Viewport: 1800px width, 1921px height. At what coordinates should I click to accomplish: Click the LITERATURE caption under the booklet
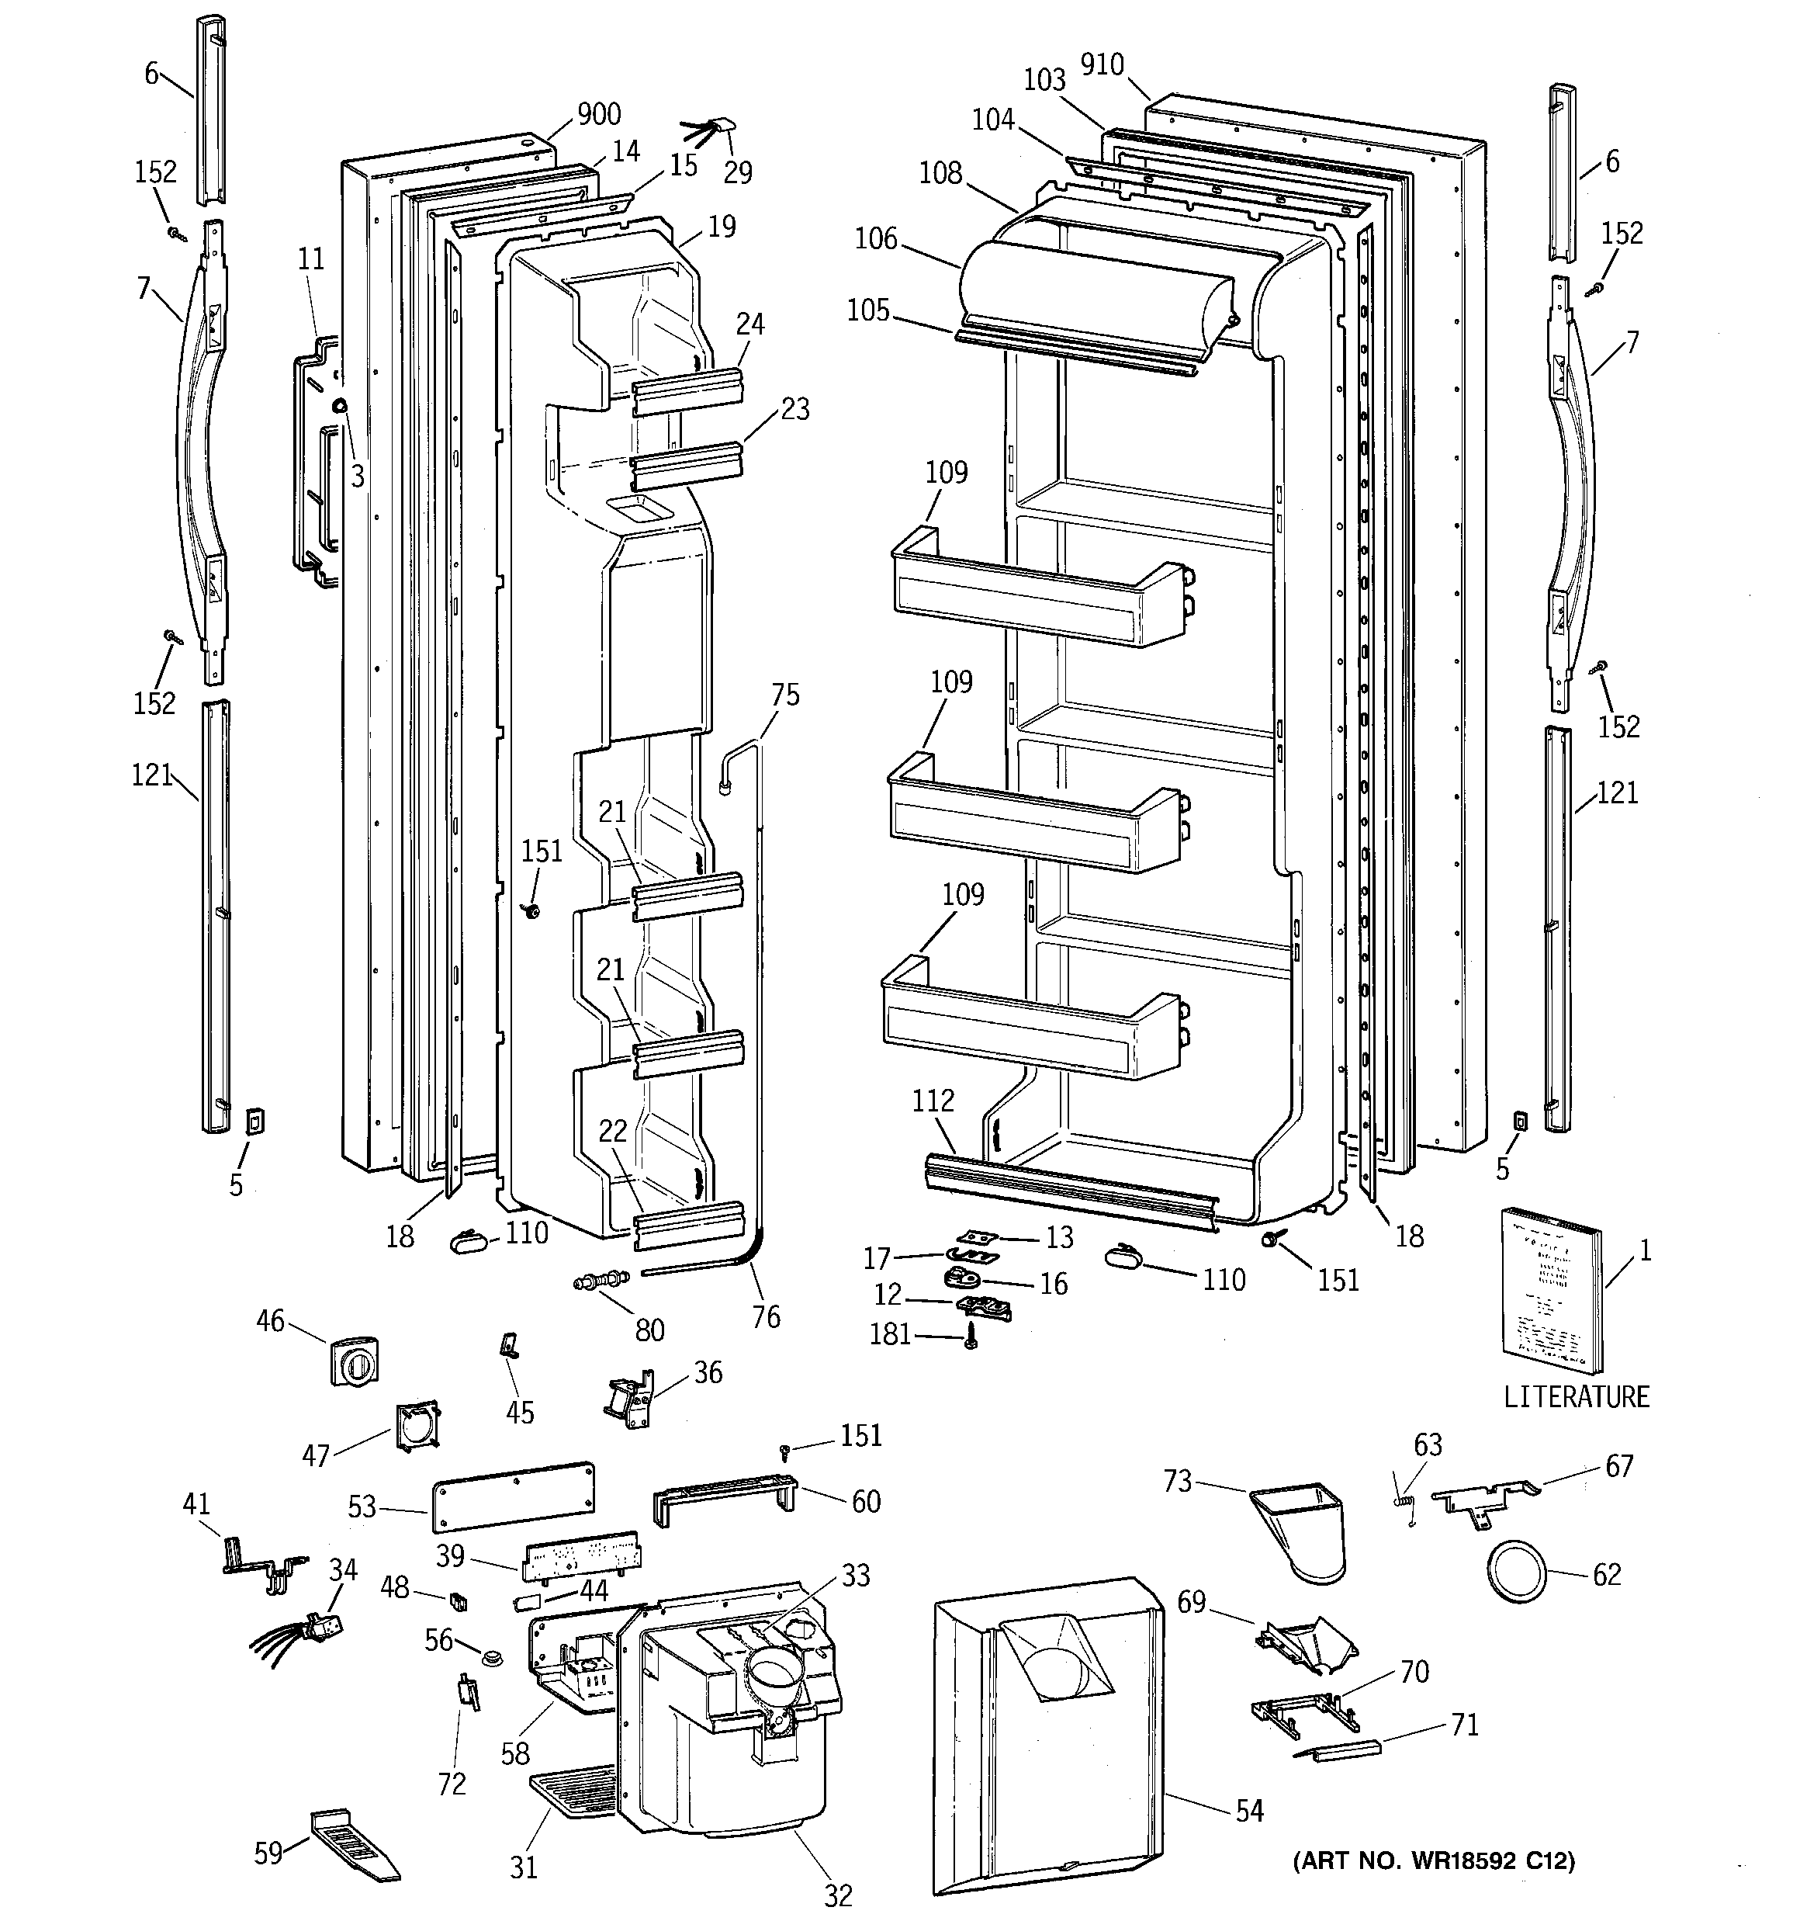[1576, 1396]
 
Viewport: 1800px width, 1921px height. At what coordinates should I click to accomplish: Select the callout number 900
[598, 114]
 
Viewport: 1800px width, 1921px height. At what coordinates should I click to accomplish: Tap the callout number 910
[1102, 64]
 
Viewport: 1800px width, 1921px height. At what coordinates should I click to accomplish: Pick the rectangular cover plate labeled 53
[512, 1498]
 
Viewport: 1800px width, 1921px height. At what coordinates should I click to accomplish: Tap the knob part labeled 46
[355, 1361]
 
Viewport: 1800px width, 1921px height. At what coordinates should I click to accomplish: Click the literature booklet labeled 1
[1549, 1290]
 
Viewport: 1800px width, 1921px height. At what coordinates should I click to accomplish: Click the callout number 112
[933, 1100]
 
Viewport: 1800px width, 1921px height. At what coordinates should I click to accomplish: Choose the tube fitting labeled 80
[599, 1282]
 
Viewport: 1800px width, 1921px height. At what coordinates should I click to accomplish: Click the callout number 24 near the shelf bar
[749, 324]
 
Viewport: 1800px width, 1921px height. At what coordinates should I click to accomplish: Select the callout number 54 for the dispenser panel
[1249, 1810]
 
